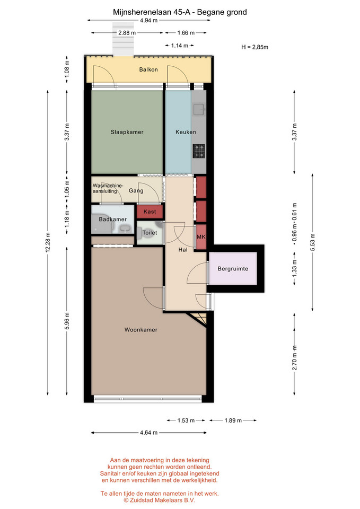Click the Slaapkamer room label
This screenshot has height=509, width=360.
click(x=127, y=132)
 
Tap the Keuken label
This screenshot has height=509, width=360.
click(x=186, y=132)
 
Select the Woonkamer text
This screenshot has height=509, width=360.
click(x=141, y=330)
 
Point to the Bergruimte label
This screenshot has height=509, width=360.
click(x=233, y=269)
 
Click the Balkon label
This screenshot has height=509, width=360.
click(x=148, y=69)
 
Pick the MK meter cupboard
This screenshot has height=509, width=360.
click(x=201, y=237)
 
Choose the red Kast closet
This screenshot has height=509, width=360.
click(x=150, y=212)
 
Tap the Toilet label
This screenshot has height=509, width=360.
click(x=150, y=233)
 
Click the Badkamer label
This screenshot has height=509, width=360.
click(x=112, y=220)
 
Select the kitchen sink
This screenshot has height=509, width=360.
click(x=198, y=109)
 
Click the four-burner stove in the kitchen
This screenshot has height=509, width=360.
click(x=199, y=151)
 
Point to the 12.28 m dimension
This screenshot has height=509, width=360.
click(x=48, y=242)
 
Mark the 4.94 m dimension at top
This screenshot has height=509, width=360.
click(x=148, y=21)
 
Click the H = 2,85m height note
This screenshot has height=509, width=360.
click(x=255, y=47)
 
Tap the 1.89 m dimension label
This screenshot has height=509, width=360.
click(x=233, y=420)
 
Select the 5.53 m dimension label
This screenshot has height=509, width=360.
click(x=313, y=242)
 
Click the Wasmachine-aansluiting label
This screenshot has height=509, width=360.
click(x=108, y=189)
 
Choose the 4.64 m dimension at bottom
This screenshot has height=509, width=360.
click(x=148, y=433)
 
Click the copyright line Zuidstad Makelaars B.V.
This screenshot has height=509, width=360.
click(x=160, y=500)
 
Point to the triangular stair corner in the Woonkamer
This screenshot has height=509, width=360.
click(x=199, y=318)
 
